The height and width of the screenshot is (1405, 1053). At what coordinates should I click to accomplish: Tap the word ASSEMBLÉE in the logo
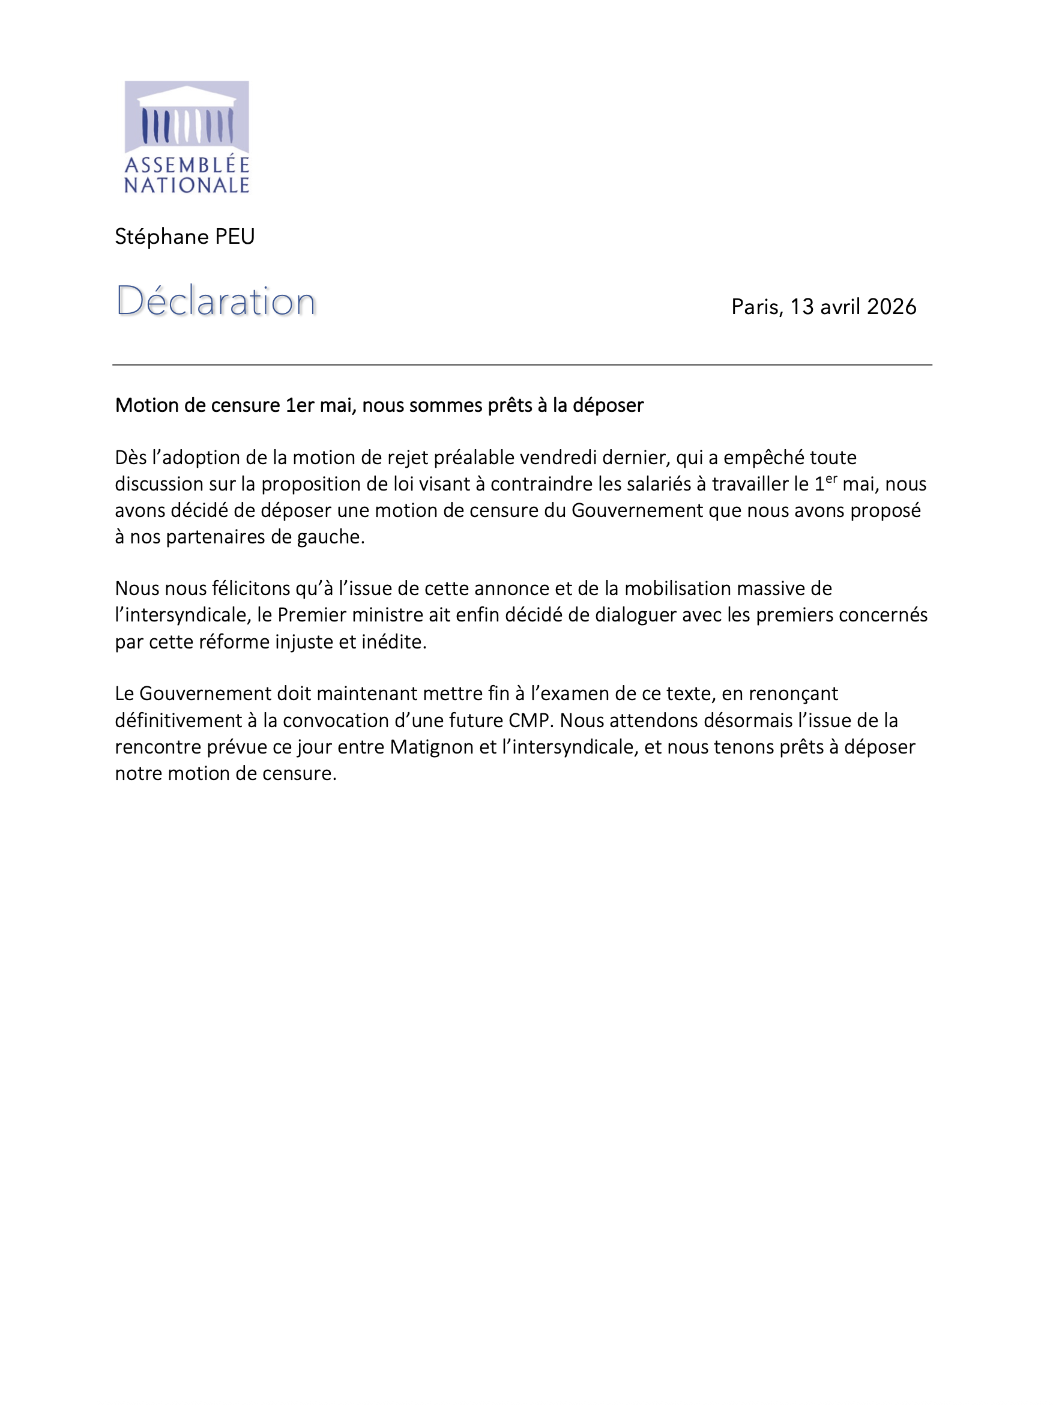[187, 165]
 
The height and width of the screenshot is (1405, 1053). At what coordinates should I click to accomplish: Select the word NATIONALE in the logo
[187, 186]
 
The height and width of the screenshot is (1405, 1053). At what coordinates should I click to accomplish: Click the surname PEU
[234, 237]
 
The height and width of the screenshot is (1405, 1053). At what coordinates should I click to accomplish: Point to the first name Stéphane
[161, 237]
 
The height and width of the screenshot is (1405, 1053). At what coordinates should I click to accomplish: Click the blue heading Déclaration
[216, 300]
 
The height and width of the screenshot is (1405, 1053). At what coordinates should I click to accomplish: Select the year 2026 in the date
[891, 307]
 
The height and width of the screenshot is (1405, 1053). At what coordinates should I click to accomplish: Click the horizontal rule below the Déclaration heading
[522, 364]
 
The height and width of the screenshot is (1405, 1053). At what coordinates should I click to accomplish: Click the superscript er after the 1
[831, 479]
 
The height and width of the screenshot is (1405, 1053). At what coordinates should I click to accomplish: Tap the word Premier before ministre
[309, 615]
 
